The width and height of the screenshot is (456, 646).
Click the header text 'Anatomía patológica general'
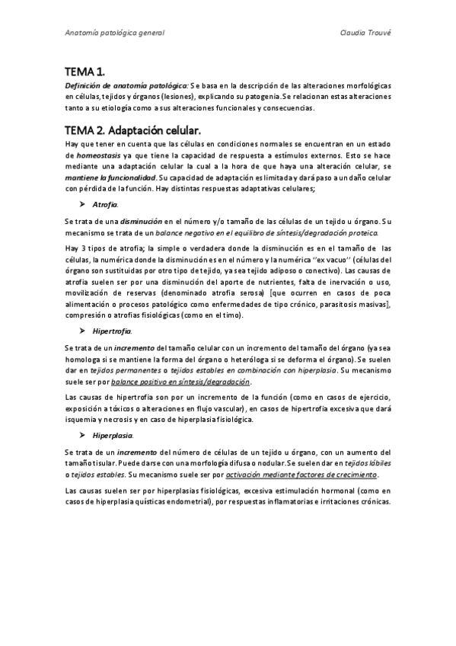pos(114,34)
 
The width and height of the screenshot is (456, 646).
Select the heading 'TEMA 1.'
pos(85,72)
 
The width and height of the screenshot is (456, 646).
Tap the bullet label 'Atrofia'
pos(105,205)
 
